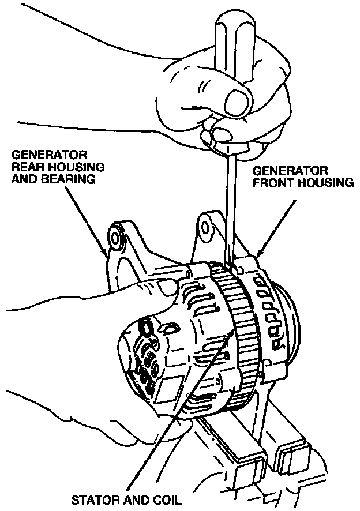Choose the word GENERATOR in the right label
(290, 172)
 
